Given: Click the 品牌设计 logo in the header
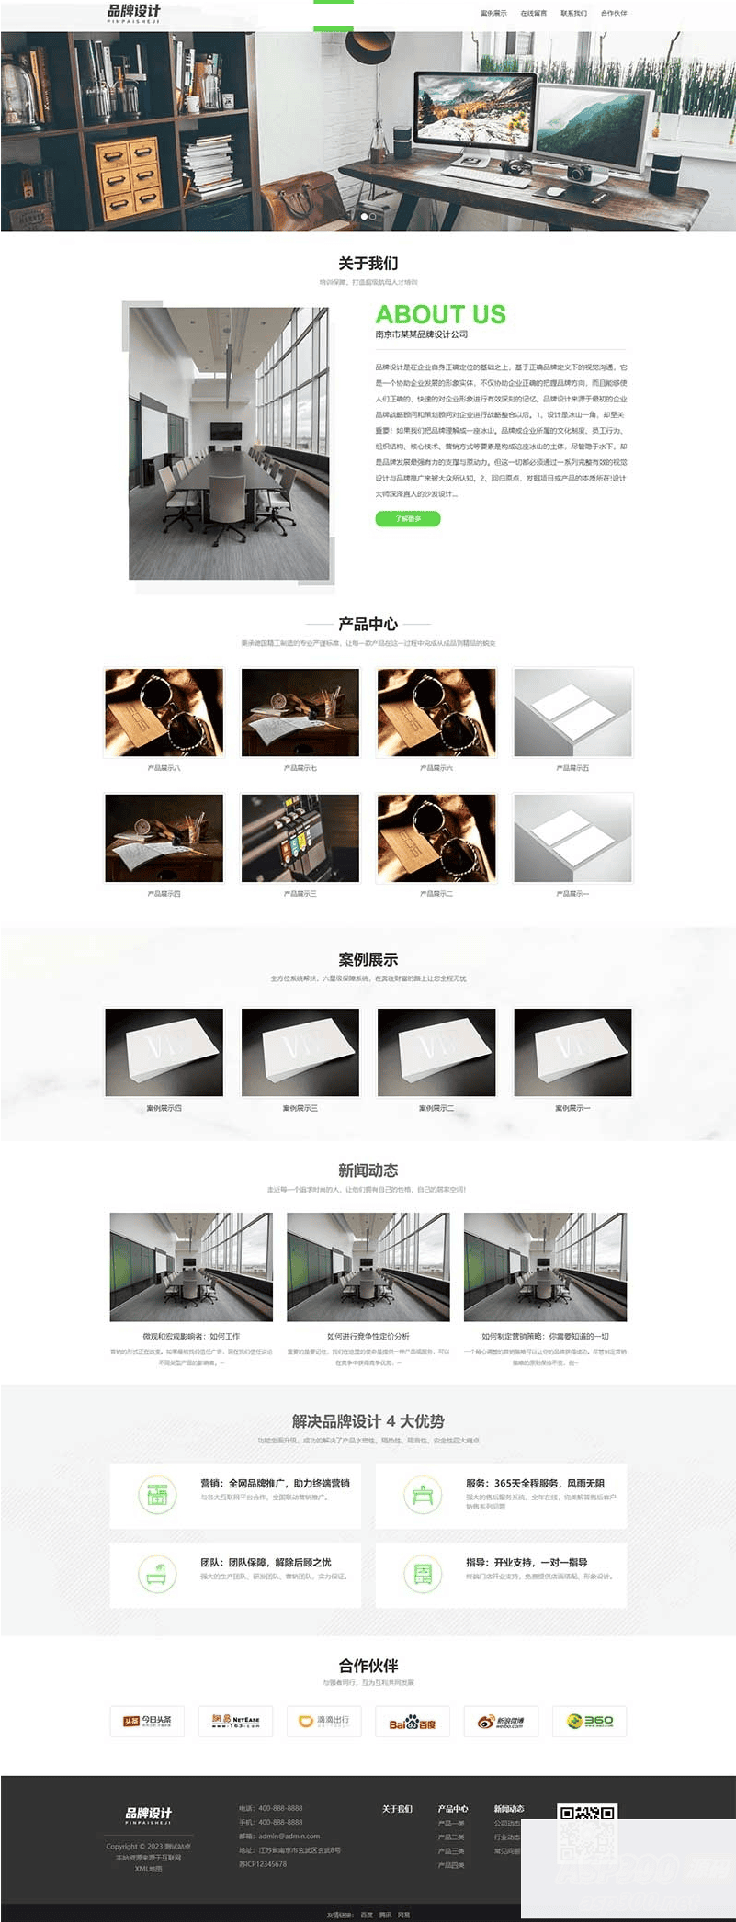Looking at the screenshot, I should pos(134,13).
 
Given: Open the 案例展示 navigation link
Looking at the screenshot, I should pos(493,13).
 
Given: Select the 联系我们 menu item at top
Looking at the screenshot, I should pos(573,13).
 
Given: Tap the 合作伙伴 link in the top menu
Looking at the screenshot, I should pos(614,13).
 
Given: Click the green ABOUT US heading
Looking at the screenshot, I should pos(440,314).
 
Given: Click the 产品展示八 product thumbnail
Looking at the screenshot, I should pos(164,713).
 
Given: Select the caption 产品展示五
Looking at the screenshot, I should pos(572,768).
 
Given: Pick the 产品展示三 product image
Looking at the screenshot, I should pos(300,838).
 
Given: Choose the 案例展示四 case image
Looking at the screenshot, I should pos(164,1052).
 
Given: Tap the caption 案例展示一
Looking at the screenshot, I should pos(572,1108).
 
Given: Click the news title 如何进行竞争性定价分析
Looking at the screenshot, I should pos(368,1336).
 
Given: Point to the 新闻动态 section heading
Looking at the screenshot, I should pos(368,1170).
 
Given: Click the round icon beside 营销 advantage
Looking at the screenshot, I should pos(157,1495).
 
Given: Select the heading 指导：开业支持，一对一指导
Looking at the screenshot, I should pos(526,1562).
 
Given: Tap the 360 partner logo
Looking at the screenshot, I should pos(590,1721).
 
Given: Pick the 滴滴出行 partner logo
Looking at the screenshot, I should pos(323,1721).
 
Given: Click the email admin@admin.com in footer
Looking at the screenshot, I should pos(289,1836).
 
